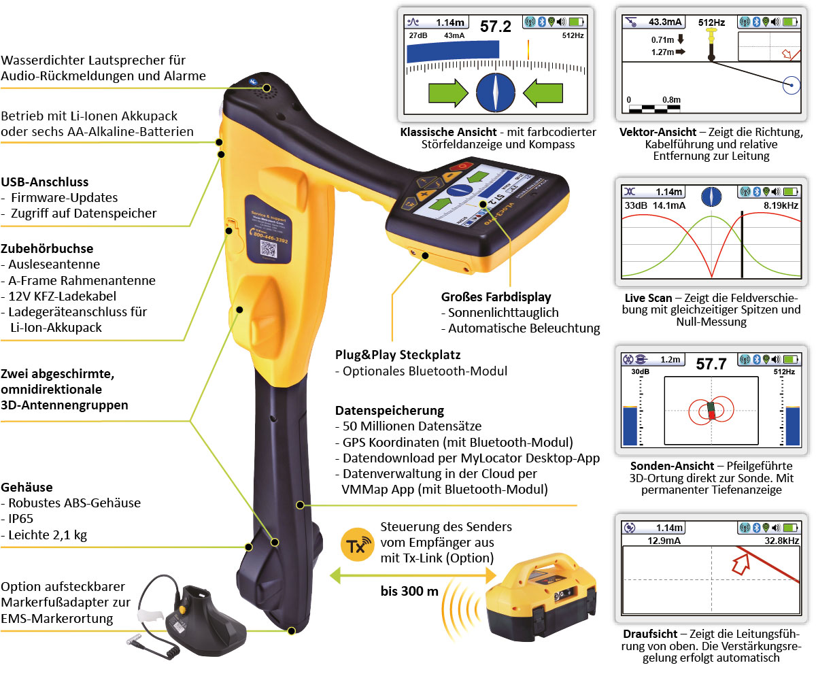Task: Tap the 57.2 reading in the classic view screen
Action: pyautogui.click(x=495, y=27)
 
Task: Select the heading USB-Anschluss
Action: pyautogui.click(x=45, y=182)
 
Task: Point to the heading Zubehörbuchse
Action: pyautogui.click(x=47, y=248)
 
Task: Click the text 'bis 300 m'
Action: pyautogui.click(x=409, y=590)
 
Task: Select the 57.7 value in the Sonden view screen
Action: pyautogui.click(x=711, y=363)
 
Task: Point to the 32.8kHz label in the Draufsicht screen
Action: pyautogui.click(x=782, y=541)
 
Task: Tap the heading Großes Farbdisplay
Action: pyautogui.click(x=495, y=296)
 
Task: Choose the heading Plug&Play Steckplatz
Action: pyautogui.click(x=398, y=355)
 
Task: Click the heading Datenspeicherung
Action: pyautogui.click(x=390, y=411)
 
